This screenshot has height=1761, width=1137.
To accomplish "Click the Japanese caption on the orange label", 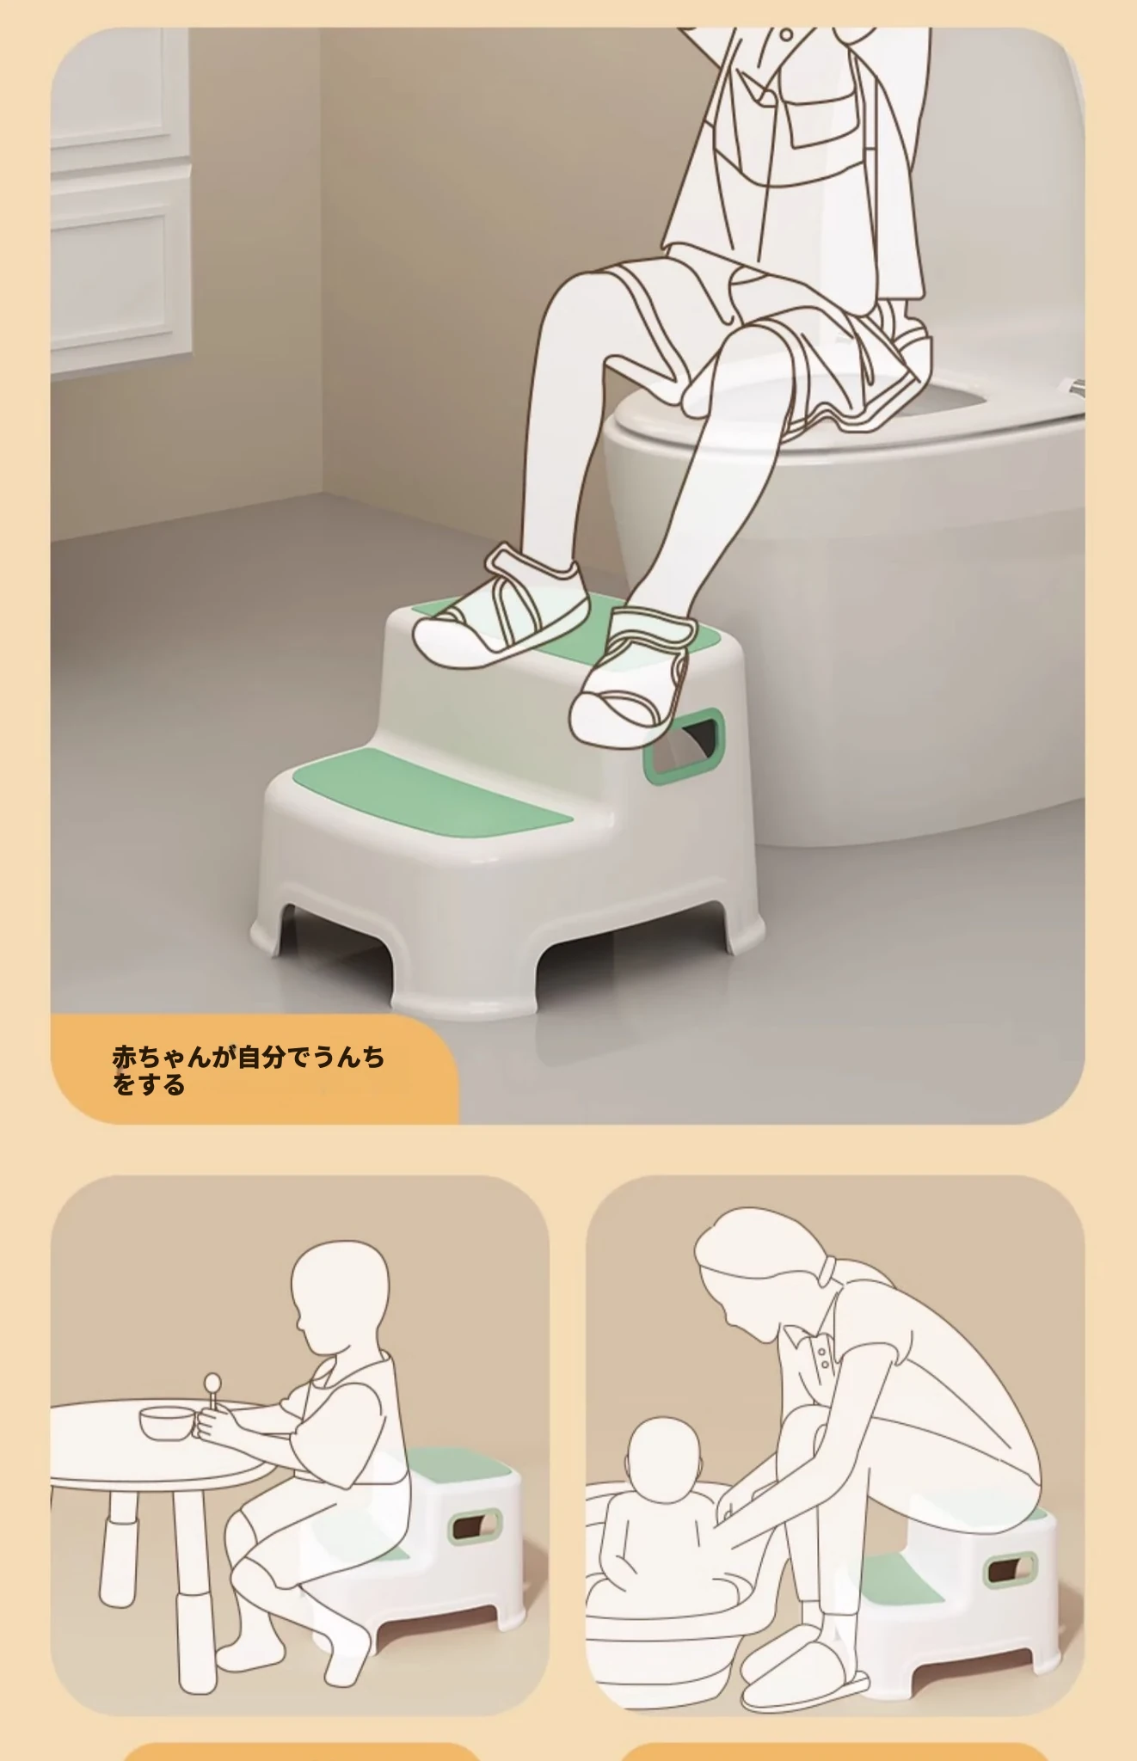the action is (248, 1071).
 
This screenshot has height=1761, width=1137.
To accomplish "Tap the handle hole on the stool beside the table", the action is (475, 1524).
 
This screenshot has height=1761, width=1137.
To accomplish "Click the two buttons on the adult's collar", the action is (824, 1359).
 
